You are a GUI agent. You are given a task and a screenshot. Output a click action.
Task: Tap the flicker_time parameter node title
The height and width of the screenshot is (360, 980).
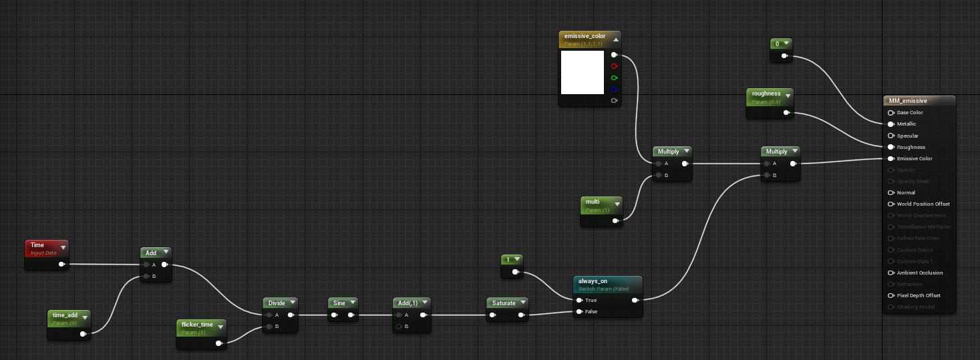[197, 326]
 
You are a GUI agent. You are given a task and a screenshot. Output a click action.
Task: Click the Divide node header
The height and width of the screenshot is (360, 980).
[277, 303]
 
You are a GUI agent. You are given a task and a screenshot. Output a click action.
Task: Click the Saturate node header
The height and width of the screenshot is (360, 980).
[504, 303]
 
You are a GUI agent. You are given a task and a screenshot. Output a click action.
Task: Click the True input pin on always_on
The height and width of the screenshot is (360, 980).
[579, 300]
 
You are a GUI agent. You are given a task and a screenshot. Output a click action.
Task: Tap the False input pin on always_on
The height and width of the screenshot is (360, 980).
[579, 311]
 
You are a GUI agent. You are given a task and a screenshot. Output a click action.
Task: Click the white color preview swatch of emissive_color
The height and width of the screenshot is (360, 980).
[582, 72]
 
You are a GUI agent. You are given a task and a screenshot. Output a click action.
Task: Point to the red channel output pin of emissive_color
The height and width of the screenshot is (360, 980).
[614, 66]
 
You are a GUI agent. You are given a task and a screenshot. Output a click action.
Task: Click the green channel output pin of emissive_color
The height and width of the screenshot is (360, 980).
[614, 77]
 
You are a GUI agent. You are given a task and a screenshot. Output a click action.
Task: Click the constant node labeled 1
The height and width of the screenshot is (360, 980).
[512, 259]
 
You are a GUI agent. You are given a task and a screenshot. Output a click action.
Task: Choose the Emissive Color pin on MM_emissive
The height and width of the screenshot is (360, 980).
[891, 158]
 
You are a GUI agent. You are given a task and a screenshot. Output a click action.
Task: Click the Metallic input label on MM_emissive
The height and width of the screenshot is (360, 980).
[907, 124]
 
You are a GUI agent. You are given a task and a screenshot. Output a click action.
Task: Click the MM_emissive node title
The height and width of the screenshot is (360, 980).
[919, 101]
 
